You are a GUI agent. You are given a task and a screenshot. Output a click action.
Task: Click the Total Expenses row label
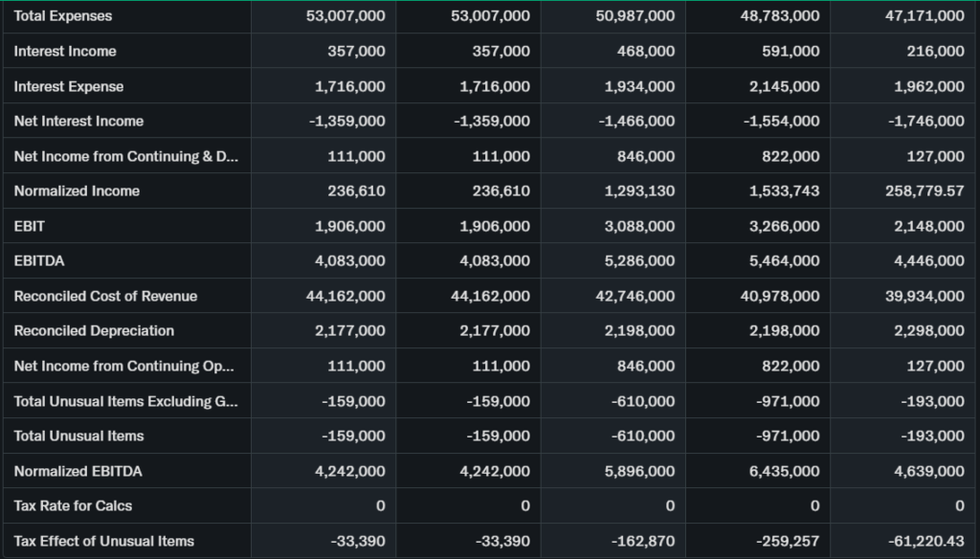coord(63,16)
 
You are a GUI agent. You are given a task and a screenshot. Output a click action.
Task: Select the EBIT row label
coord(30,226)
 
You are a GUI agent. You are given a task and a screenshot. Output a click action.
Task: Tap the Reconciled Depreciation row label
coord(94,331)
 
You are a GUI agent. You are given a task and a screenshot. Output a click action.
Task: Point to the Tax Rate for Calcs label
coord(73,505)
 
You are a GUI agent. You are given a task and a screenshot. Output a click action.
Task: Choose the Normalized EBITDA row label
coord(78,471)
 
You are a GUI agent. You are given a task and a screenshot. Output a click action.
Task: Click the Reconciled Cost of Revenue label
coord(105,296)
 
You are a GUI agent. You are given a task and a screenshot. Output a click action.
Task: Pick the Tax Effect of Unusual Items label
coord(103,541)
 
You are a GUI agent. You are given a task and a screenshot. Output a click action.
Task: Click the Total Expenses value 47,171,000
coord(924,16)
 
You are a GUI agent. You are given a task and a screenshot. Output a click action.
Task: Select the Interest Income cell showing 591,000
coord(791,51)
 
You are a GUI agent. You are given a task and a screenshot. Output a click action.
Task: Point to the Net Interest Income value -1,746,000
coord(924,121)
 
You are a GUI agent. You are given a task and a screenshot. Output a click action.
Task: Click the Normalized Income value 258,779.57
coord(924,191)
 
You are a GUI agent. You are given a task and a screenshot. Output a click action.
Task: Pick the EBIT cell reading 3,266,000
coord(784,226)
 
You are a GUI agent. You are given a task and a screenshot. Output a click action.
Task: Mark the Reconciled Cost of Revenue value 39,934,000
coord(924,296)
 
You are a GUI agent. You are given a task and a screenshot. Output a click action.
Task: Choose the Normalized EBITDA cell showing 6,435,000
coord(784,471)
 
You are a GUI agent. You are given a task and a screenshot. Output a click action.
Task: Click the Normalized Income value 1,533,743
coord(784,191)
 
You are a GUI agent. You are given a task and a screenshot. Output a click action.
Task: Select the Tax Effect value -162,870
coord(643,541)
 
